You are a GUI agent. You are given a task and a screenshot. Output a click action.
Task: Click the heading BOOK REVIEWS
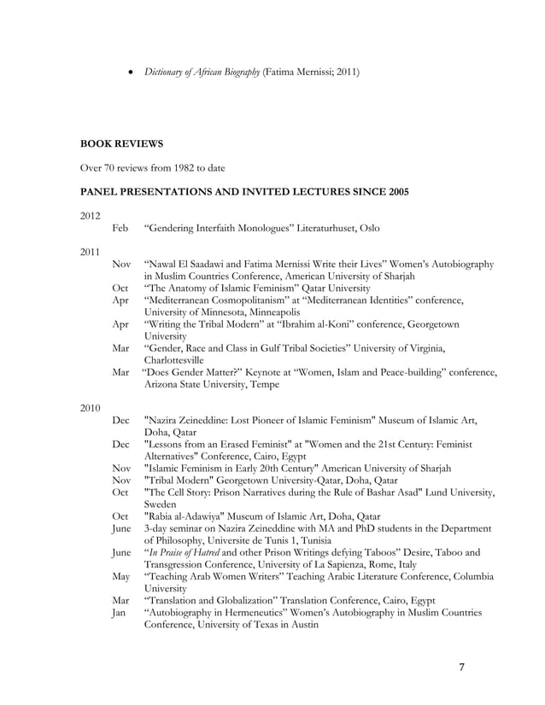coord(121,143)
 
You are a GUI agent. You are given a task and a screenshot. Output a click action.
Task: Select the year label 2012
coord(91,215)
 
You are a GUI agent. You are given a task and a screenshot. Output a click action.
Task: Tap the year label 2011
coord(91,252)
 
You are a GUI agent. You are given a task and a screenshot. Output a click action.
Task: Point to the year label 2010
coord(91,407)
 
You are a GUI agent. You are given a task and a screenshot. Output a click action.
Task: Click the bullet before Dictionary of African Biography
coord(129,73)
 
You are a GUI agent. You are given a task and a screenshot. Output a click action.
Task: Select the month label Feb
coord(120,228)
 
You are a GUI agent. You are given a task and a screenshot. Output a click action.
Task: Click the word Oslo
coord(366,228)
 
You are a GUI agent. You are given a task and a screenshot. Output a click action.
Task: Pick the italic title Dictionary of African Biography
coord(202,73)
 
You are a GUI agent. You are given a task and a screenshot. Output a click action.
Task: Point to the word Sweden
coord(162,504)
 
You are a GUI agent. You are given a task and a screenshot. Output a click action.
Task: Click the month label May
coord(121,576)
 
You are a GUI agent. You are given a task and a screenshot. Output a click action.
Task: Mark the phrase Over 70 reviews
coord(115,167)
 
